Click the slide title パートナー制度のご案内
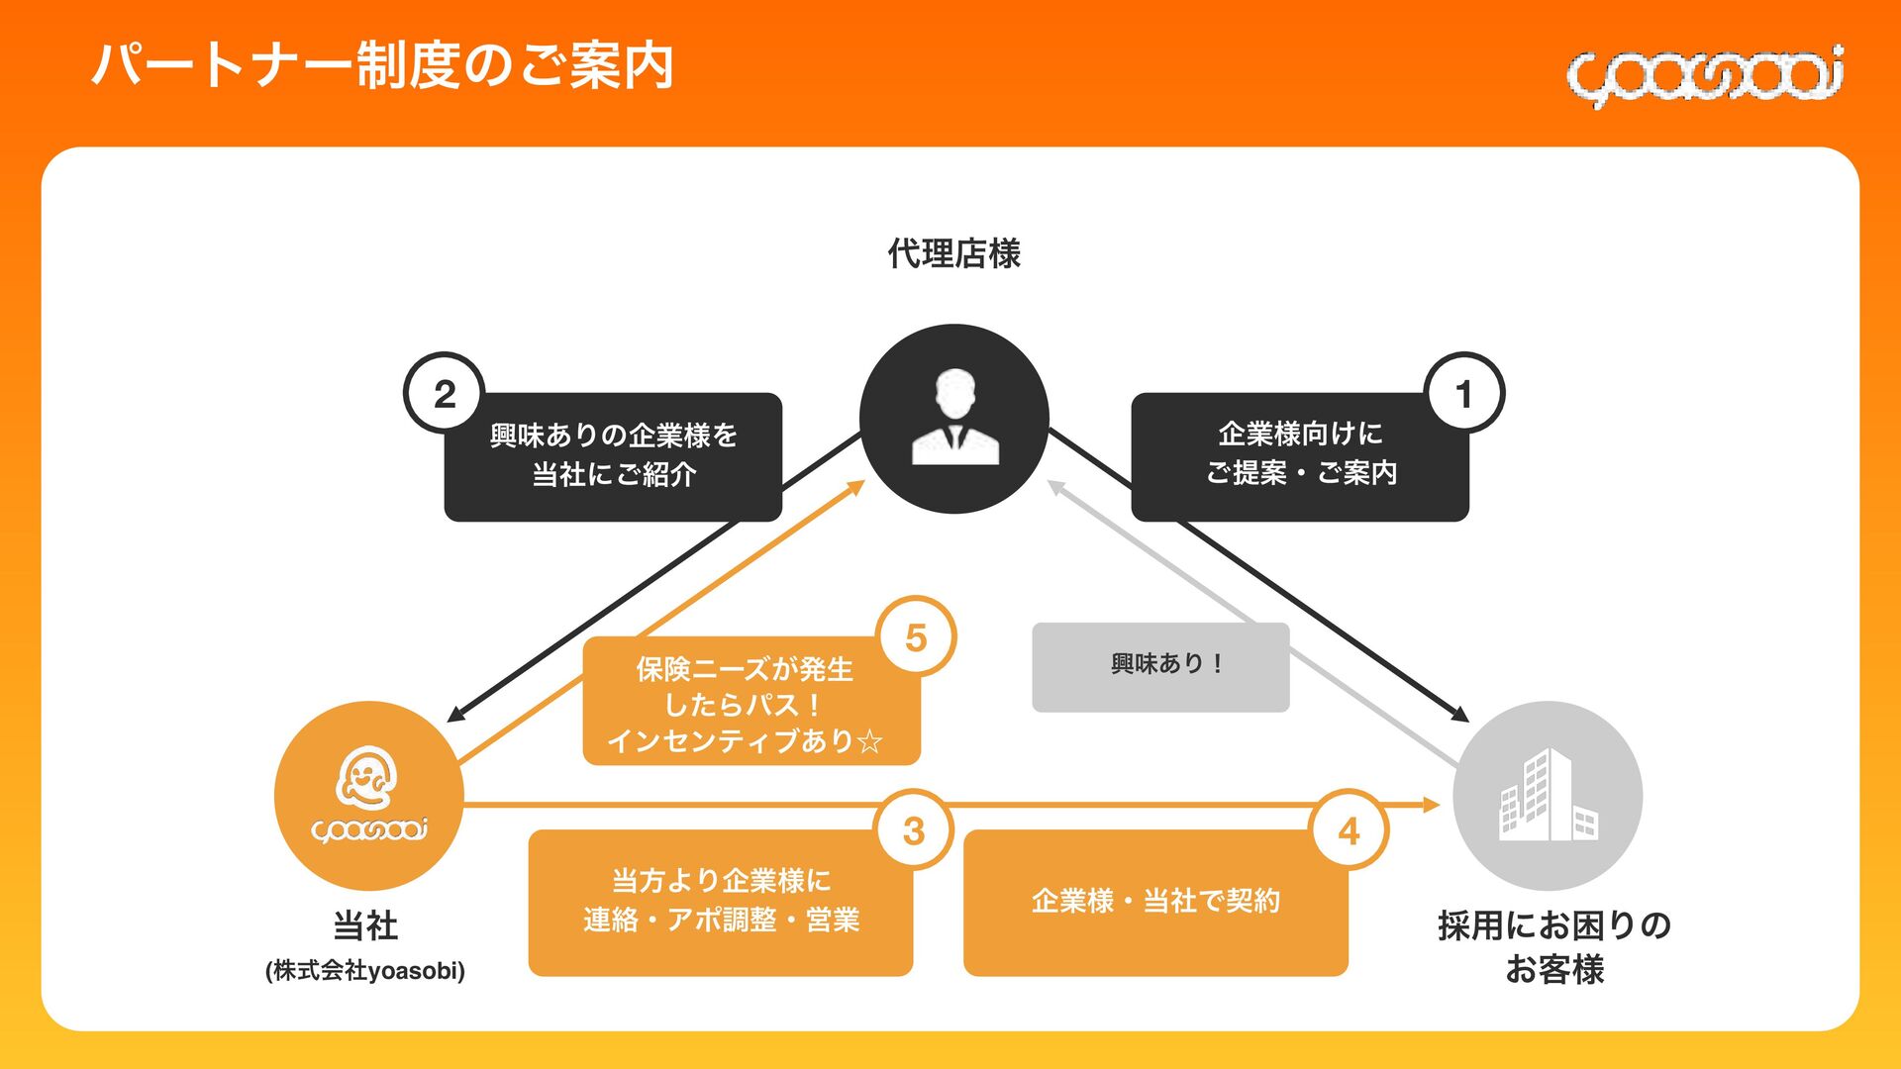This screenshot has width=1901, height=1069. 383,65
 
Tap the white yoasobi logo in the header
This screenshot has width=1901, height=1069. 1704,75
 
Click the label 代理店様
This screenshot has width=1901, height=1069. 953,253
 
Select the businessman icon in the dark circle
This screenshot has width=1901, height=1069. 954,418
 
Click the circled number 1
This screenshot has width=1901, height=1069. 1463,394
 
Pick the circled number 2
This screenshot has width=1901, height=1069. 445,394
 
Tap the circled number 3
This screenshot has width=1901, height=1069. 914,830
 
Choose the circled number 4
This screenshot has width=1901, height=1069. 1349,830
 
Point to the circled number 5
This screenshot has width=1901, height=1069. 916,637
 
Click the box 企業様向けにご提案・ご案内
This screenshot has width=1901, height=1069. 1299,455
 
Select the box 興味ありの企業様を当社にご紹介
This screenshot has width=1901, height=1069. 613,455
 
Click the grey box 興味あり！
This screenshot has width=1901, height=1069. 1160,665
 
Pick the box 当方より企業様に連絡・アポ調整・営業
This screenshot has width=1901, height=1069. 720,901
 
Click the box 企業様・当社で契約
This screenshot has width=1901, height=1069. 1155,901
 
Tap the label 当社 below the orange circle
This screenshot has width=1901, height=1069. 365,925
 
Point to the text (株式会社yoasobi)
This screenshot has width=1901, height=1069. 365,970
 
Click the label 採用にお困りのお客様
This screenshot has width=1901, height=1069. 1553,946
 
